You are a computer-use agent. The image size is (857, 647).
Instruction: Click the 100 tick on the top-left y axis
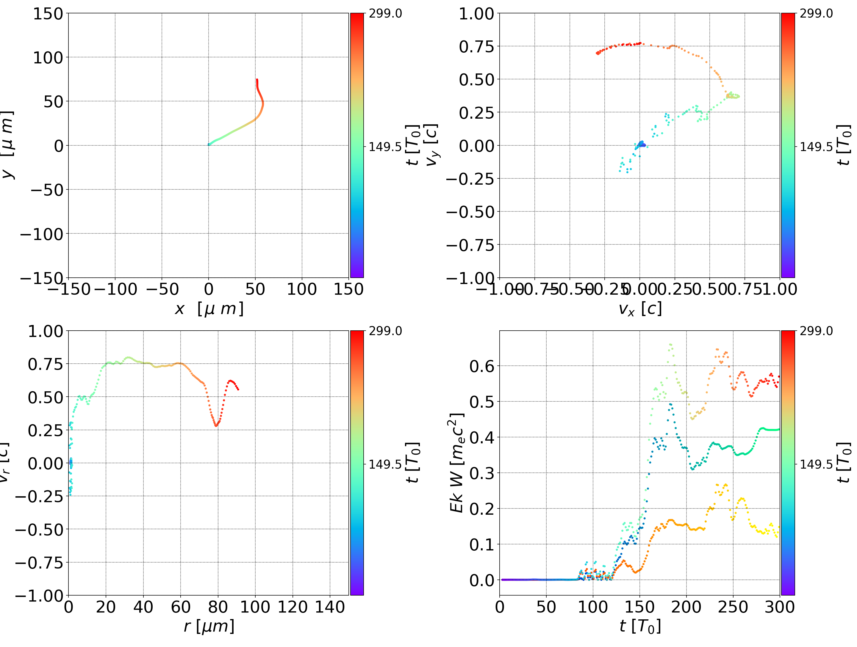pyautogui.click(x=48, y=58)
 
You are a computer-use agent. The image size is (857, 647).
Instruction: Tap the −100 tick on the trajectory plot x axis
pyautogui.click(x=115, y=289)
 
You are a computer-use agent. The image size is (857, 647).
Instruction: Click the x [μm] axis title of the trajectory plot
pyautogui.click(x=209, y=309)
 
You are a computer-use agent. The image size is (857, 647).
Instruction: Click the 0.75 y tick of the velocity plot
pyautogui.click(x=476, y=46)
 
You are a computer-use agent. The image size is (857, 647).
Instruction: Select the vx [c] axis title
pyautogui.click(x=640, y=309)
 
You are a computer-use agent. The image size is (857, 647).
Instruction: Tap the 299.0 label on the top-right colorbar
pyautogui.click(x=816, y=14)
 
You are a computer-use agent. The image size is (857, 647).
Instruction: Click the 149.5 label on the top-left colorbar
pyautogui.click(x=385, y=147)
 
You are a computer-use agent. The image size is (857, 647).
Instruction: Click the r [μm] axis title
pyautogui.click(x=209, y=626)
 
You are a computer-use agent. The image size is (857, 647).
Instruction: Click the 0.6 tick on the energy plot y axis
pyautogui.click(x=482, y=366)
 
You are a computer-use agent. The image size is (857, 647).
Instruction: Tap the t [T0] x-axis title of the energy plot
pyautogui.click(x=640, y=626)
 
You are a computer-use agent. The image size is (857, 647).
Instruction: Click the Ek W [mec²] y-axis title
pyautogui.click(x=457, y=463)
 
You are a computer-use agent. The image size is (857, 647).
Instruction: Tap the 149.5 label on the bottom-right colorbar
pyautogui.click(x=816, y=464)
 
